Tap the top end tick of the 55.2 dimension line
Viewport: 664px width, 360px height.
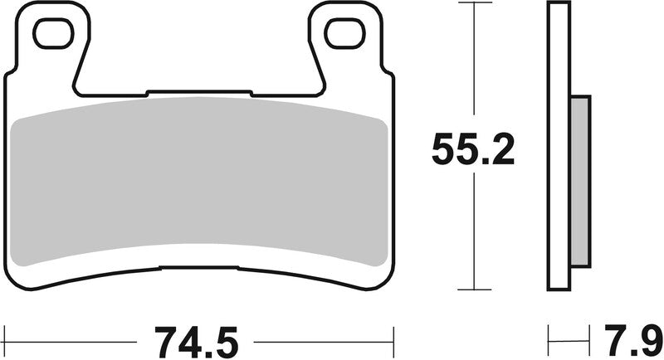pos(473,3)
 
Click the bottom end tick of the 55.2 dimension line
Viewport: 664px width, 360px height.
pos(473,289)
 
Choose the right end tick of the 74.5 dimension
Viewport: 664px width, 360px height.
pos(393,339)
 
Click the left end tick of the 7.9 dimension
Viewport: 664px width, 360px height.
pos(549,339)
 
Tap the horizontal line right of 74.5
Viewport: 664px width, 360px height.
pos(324,339)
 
